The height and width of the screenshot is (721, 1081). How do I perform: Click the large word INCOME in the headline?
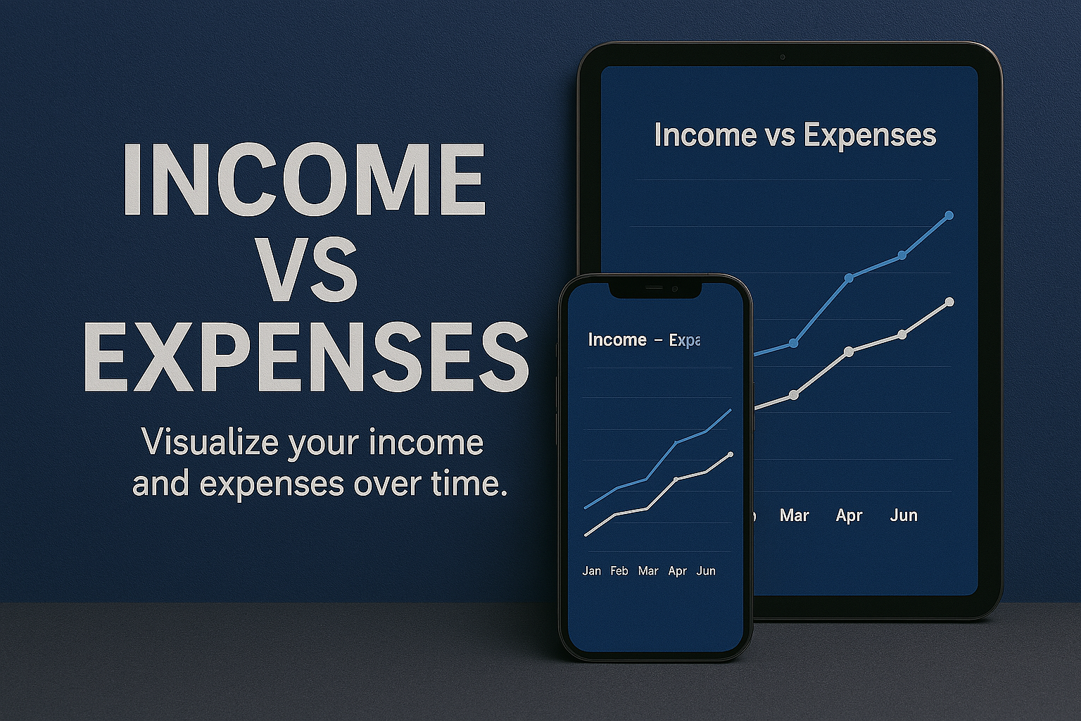(x=304, y=180)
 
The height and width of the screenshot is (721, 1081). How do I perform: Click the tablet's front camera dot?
(x=782, y=57)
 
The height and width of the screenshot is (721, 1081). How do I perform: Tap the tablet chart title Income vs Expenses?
(x=795, y=135)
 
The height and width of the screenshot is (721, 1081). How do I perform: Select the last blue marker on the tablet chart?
(x=949, y=215)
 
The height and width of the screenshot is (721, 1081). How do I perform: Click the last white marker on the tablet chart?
(x=949, y=302)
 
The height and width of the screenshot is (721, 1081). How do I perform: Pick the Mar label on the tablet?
(x=794, y=515)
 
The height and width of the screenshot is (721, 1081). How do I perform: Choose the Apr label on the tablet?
(x=849, y=515)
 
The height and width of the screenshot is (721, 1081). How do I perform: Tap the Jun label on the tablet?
(x=904, y=515)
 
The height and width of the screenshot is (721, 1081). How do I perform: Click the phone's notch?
(x=655, y=288)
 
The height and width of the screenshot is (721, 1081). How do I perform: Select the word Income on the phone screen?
(x=617, y=340)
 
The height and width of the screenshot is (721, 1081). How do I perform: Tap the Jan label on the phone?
(x=592, y=571)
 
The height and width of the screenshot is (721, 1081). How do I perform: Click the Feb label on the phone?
(x=619, y=571)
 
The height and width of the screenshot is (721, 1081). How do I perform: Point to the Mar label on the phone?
(x=648, y=571)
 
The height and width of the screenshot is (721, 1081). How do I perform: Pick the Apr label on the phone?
(x=677, y=571)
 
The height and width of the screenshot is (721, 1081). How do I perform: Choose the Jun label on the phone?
(x=706, y=571)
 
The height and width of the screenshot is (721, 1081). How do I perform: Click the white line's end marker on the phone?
(x=731, y=455)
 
